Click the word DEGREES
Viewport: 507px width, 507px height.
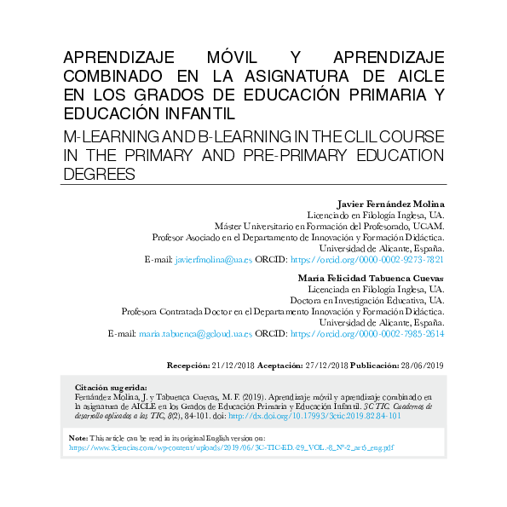(100, 174)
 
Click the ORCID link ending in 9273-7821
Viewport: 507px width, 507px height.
(367, 259)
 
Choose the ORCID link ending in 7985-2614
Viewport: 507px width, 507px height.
(367, 334)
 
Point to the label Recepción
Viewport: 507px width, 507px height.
(187, 365)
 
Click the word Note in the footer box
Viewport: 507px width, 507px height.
(78, 437)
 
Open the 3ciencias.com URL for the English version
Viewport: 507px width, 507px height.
(230, 447)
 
